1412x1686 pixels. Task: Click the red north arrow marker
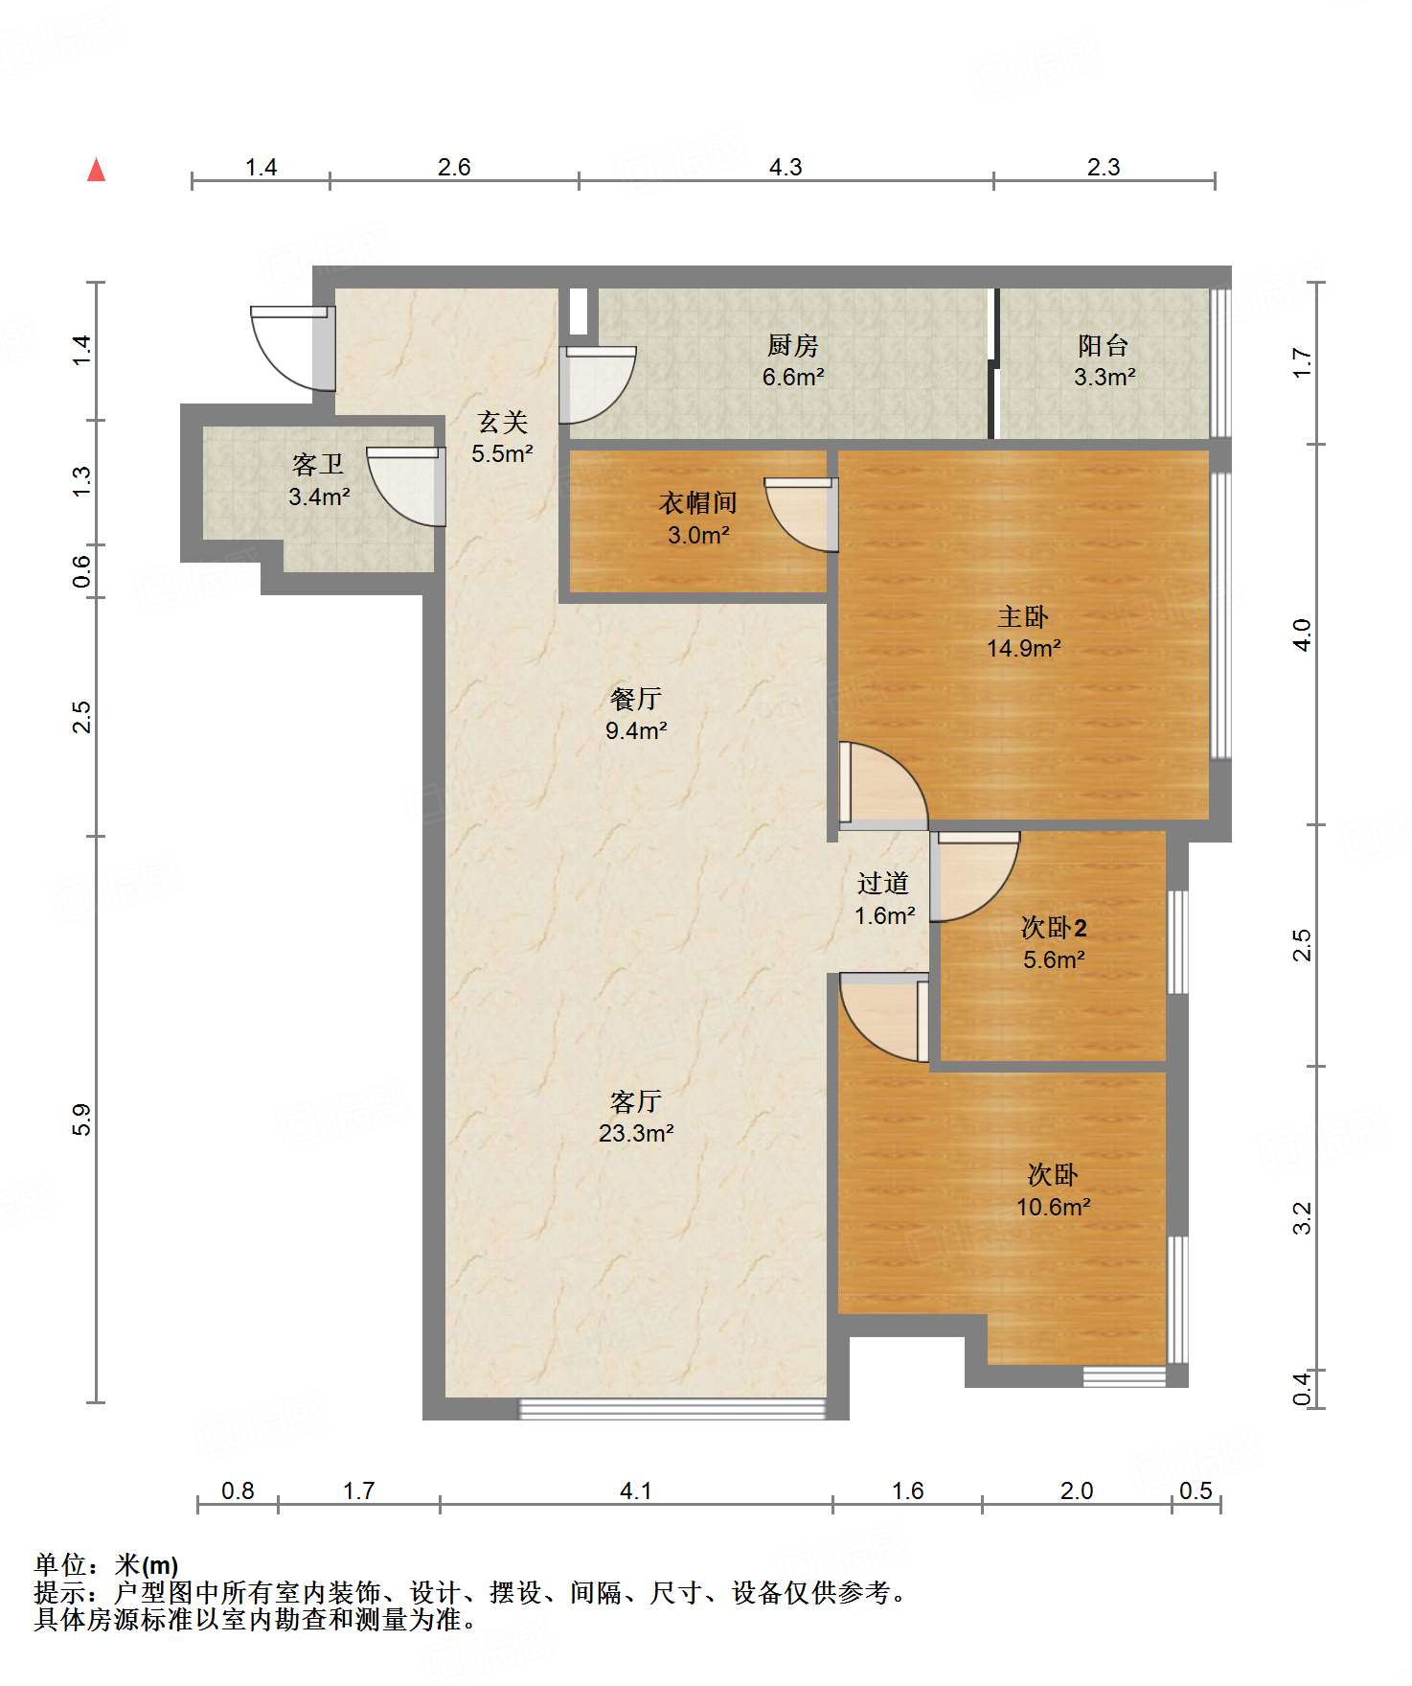click(x=96, y=170)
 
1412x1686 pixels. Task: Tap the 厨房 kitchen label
click(x=792, y=345)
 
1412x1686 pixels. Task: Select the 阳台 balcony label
click(x=1103, y=345)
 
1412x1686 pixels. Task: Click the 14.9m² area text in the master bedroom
click(x=1023, y=648)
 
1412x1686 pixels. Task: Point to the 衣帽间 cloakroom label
click(x=697, y=503)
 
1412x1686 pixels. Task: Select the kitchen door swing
click(x=598, y=385)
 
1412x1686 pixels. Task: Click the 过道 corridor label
click(x=882, y=883)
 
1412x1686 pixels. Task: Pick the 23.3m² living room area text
click(x=636, y=1133)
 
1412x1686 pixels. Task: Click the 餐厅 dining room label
click(x=635, y=699)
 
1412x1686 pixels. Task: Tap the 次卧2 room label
click(x=1054, y=928)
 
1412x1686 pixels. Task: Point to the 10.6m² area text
click(x=1053, y=1207)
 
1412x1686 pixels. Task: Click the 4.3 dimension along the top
click(x=786, y=167)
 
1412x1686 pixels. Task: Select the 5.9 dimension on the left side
click(x=82, y=1120)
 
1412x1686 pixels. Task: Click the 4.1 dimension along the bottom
click(x=635, y=1490)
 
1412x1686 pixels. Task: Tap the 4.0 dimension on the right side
click(x=1302, y=635)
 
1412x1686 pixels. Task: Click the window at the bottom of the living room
click(x=672, y=1408)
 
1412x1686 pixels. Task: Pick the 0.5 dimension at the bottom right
click(x=1196, y=1490)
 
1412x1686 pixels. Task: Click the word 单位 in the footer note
click(x=61, y=1565)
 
